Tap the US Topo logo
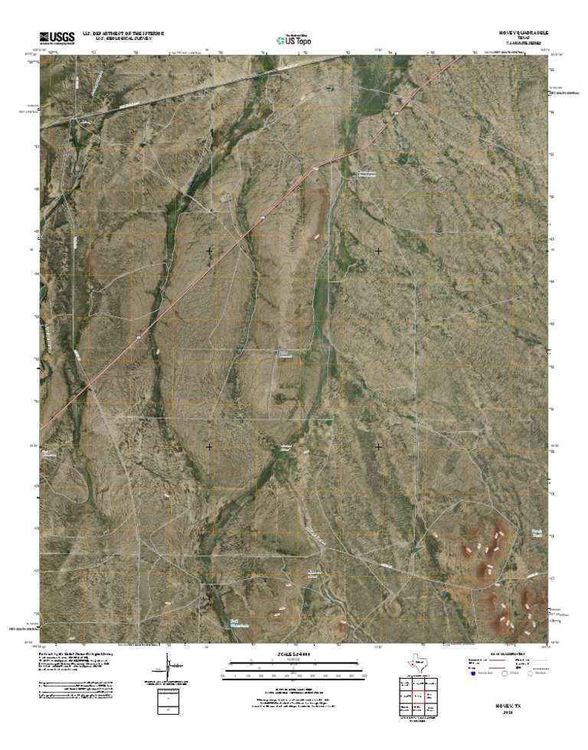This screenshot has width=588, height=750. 294,38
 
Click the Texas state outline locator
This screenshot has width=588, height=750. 418,663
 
